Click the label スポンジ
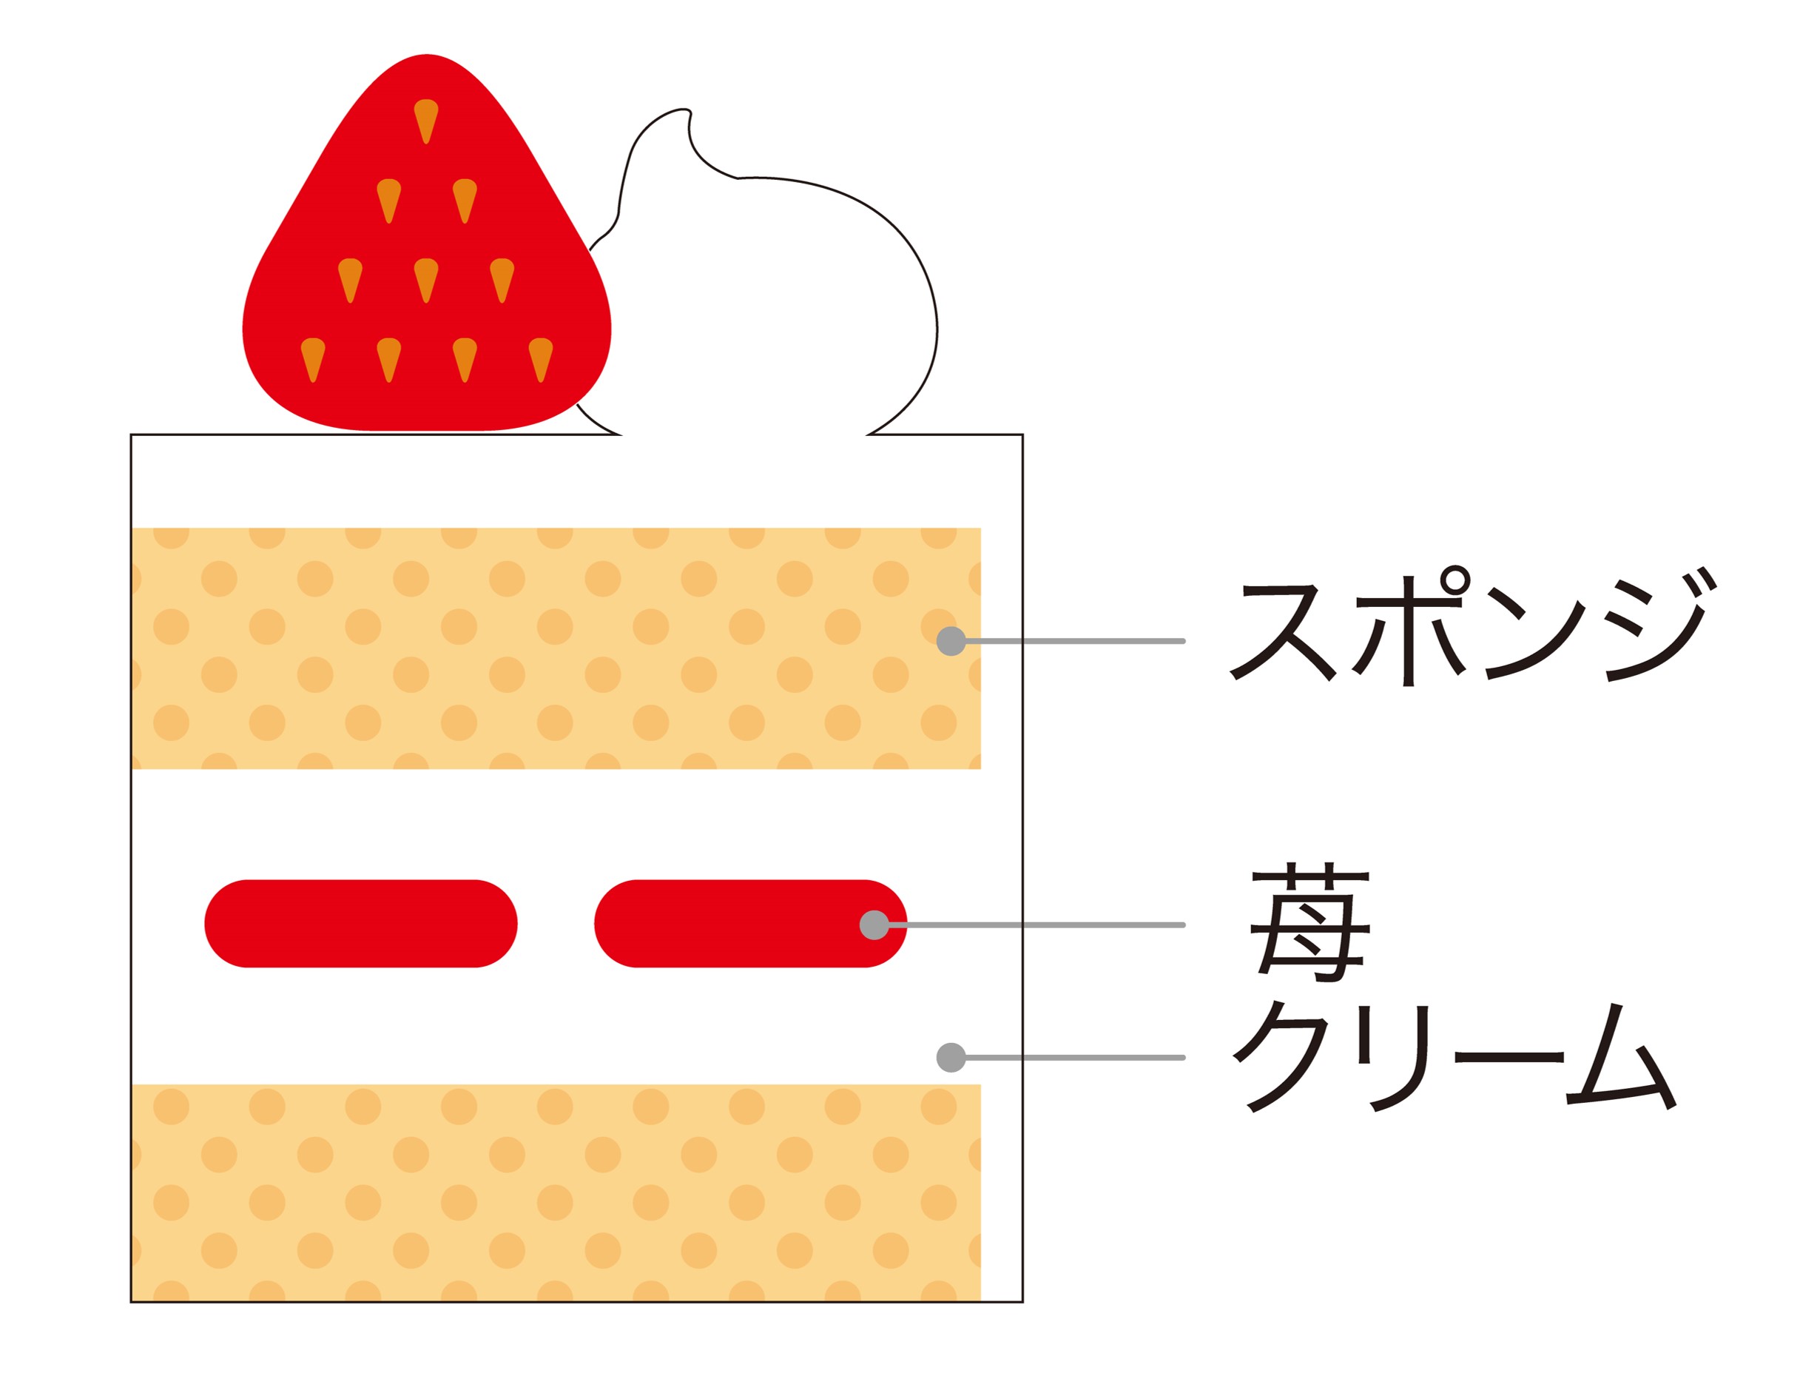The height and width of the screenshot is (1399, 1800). pos(1474,628)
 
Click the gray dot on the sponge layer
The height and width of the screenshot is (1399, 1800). pos(951,641)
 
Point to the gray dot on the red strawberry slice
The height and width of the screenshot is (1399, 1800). pos(874,925)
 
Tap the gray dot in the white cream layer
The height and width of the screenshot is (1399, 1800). pos(951,1058)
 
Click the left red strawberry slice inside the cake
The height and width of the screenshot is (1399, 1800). pos(361,923)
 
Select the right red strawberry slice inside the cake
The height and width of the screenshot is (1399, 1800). pos(751,923)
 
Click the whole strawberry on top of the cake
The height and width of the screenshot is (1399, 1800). pos(427,242)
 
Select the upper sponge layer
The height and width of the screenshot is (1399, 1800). pos(556,649)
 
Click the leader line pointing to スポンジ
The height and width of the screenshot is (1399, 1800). pos(1076,641)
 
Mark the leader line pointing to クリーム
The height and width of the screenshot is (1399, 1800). pos(1076,1058)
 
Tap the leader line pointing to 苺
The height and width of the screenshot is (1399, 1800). pos(1036,925)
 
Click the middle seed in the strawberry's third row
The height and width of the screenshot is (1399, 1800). pos(426,281)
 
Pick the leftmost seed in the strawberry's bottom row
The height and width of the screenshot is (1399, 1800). pos(313,360)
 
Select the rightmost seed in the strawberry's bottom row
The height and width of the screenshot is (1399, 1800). pos(541,360)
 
